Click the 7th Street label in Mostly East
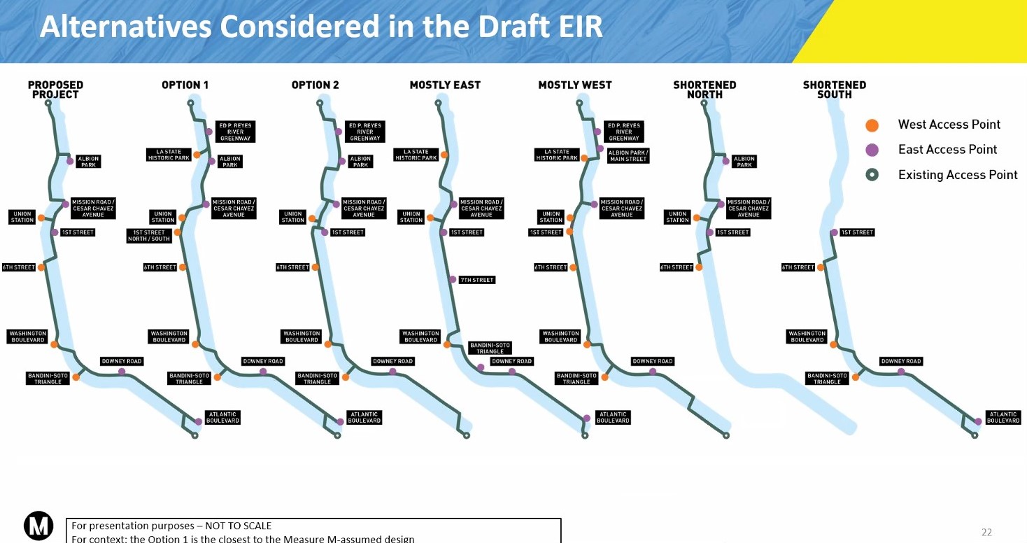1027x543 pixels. (477, 280)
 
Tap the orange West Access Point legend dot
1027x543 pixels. (872, 125)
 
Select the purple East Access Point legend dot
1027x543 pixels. (872, 150)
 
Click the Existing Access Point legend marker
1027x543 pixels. (872, 175)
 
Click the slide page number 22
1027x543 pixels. (986, 533)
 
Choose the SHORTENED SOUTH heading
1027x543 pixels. (834, 90)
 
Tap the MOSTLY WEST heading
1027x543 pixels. (574, 85)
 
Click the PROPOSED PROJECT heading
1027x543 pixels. (55, 90)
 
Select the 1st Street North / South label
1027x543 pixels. (149, 236)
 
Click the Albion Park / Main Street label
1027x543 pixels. (628, 156)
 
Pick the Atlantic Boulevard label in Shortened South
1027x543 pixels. (1003, 418)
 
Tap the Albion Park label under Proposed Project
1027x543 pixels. (88, 162)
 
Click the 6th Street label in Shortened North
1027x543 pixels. (677, 267)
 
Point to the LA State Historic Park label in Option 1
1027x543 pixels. (169, 155)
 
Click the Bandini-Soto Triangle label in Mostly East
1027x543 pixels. (490, 348)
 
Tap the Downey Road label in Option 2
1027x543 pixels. (392, 362)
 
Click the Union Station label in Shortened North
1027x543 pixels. (677, 217)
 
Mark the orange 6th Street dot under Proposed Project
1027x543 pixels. (41, 267)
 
